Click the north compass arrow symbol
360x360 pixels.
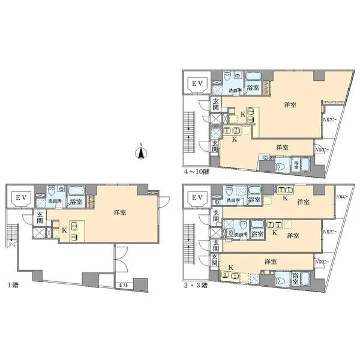[x=140, y=154]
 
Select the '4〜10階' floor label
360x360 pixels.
[x=196, y=171]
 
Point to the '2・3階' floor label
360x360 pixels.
[x=196, y=285]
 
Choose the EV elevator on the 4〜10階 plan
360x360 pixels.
[x=196, y=83]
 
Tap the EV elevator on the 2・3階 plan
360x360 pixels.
[x=196, y=197]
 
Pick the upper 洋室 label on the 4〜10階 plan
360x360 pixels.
[x=290, y=104]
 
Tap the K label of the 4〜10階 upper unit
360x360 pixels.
[x=242, y=113]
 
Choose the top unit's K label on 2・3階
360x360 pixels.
[x=285, y=197]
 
